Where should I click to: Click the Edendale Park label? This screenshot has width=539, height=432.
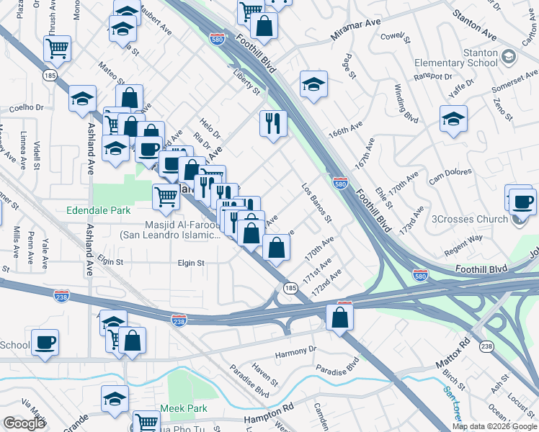click(97, 212)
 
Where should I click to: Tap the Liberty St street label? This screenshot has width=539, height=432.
click(246, 81)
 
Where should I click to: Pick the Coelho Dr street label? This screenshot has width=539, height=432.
click(27, 109)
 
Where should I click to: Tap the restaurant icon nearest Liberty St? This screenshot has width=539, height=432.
click(273, 123)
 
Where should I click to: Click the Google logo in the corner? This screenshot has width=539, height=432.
click(24, 423)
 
